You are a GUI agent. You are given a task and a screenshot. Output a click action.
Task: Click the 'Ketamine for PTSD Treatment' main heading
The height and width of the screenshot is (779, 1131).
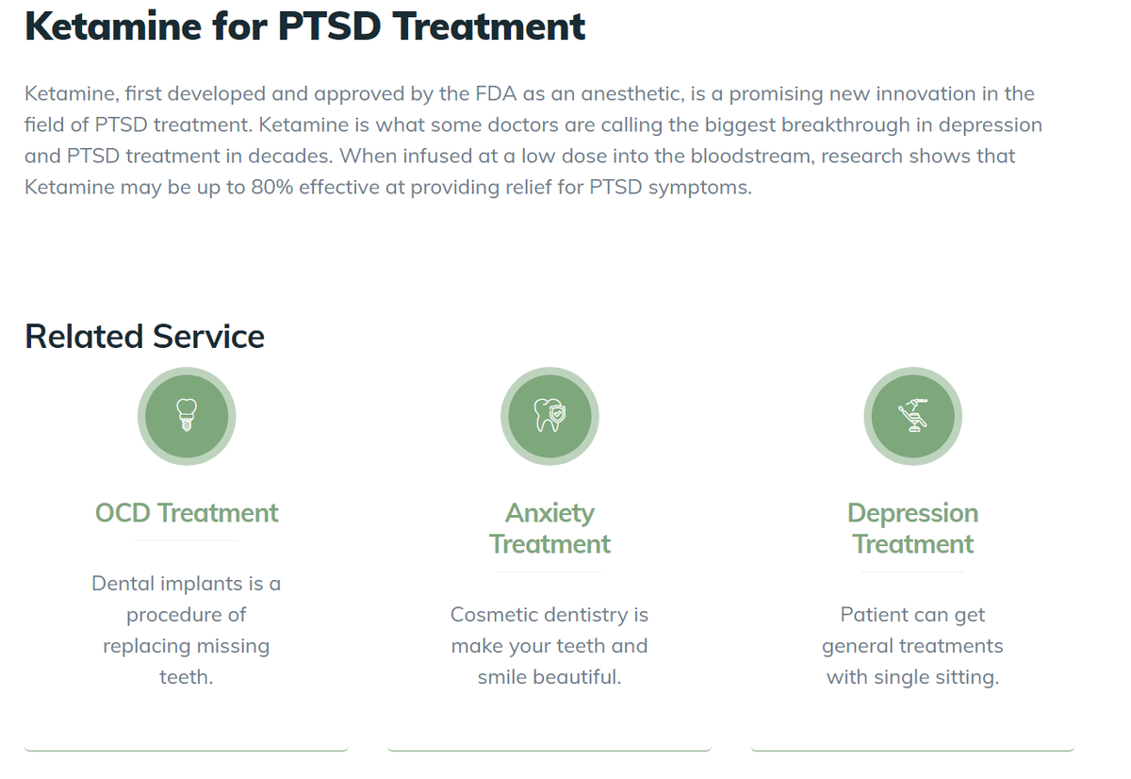point(305,26)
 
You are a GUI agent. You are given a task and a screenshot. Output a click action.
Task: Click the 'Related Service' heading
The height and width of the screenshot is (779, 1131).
point(144,337)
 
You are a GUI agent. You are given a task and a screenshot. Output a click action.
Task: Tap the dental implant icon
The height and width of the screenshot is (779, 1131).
point(187,415)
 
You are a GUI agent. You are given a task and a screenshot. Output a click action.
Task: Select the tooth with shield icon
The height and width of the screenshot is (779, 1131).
point(549,415)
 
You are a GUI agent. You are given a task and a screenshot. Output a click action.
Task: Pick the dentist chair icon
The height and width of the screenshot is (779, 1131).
point(913,415)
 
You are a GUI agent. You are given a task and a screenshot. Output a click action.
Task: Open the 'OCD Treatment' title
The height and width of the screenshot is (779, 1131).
point(187,513)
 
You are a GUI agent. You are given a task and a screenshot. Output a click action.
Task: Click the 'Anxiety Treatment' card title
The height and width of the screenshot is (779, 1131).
point(549,528)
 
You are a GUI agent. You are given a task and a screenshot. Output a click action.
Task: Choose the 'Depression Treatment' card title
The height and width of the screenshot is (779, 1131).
point(913,528)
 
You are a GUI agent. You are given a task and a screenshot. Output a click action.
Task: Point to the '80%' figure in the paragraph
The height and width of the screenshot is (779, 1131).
point(271,187)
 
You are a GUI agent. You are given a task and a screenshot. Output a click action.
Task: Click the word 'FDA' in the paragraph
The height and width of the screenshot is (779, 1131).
point(496,93)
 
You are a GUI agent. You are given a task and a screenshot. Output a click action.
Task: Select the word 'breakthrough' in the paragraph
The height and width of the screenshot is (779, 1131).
point(845,124)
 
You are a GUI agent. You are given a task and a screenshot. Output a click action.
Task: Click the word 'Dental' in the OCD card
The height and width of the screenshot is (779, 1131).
point(123,584)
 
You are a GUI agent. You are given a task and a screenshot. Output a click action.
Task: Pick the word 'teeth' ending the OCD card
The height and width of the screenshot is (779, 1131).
point(187,677)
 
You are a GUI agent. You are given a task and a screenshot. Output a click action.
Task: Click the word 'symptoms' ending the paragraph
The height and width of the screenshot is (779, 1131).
point(699,188)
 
